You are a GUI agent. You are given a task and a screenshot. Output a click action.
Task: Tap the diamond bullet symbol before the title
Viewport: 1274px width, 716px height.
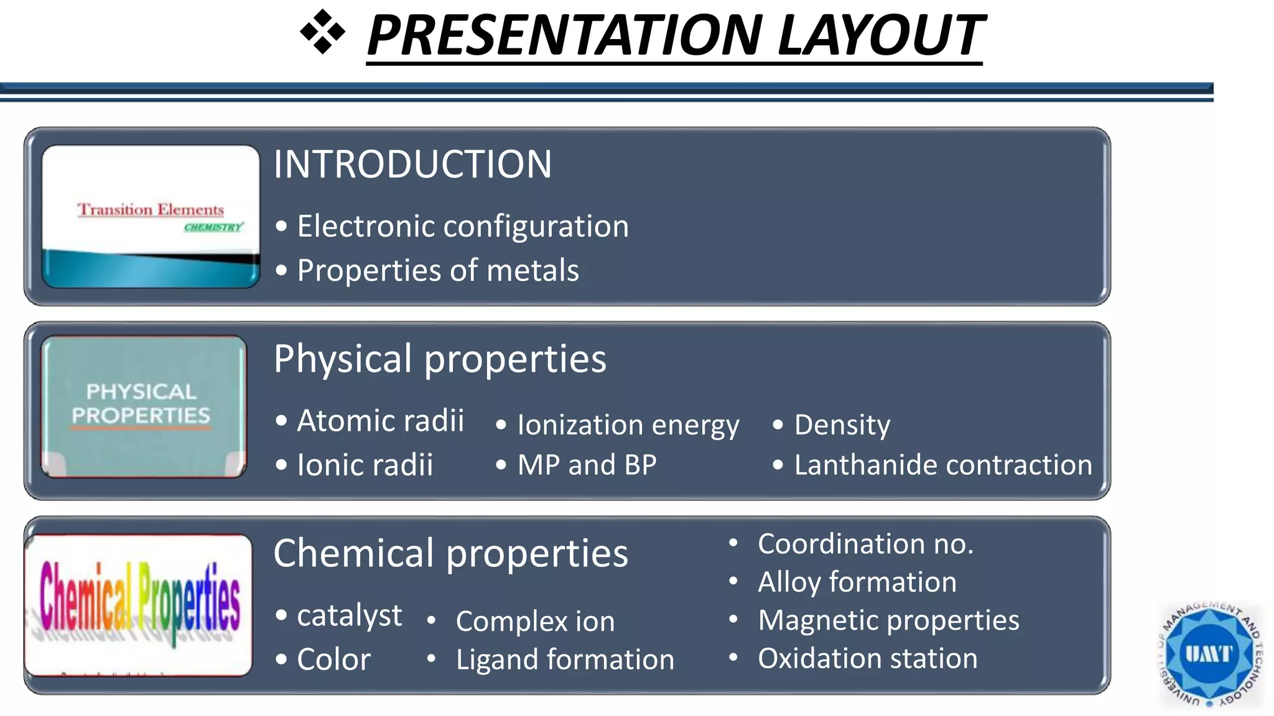(322, 32)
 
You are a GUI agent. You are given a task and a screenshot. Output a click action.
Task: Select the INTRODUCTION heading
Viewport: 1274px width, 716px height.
(412, 164)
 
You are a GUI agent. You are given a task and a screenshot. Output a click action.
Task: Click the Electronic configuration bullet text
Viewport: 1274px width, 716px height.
(462, 226)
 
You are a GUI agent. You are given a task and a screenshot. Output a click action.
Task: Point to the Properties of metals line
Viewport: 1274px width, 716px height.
(437, 270)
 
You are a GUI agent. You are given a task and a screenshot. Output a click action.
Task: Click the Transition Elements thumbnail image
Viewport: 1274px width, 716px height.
(151, 216)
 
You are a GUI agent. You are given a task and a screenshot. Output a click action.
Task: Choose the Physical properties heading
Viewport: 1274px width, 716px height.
(440, 359)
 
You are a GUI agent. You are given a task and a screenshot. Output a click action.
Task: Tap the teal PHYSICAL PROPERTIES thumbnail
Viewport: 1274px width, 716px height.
(144, 406)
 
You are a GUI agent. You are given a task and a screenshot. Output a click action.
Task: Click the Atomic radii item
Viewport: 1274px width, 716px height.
(380, 421)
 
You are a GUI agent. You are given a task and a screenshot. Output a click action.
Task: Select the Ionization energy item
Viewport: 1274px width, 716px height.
(628, 425)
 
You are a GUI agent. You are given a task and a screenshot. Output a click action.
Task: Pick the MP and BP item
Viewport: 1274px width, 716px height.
(587, 465)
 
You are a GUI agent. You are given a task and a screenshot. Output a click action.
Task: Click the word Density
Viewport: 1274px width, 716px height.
(842, 425)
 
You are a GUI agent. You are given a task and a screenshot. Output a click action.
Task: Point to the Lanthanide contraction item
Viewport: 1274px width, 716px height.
(942, 465)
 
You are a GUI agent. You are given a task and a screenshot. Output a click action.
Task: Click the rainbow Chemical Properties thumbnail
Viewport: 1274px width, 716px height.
(139, 605)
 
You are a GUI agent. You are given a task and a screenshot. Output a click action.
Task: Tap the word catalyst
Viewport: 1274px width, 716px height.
(349, 615)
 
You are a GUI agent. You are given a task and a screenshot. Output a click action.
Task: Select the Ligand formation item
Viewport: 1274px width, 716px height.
(564, 659)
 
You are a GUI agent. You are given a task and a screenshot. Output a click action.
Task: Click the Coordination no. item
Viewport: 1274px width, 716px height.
(865, 544)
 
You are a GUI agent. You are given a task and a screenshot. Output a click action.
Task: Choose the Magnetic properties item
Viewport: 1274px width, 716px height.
(888, 620)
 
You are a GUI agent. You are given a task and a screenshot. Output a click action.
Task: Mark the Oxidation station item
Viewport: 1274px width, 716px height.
(867, 658)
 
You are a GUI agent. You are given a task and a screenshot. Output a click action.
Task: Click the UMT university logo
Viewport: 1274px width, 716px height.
(1209, 654)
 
